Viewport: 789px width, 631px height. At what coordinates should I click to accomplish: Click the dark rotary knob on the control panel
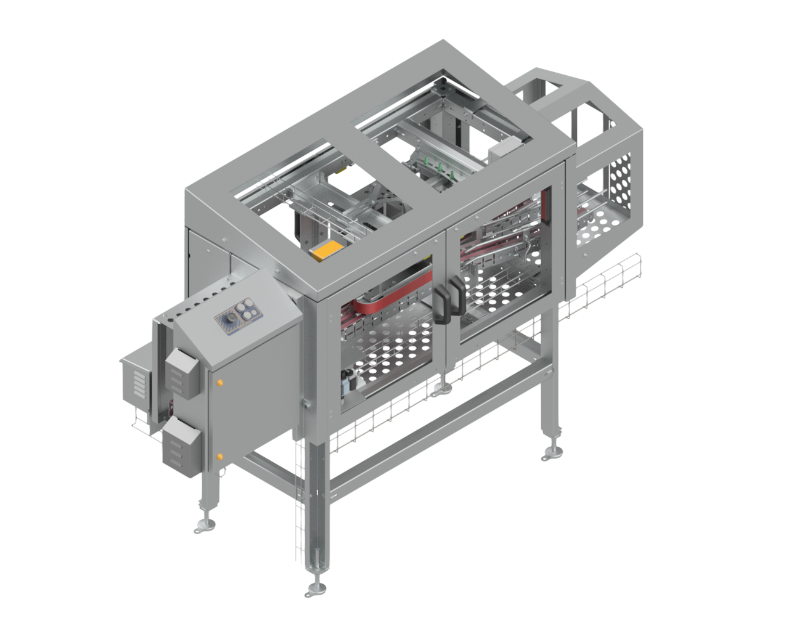click(x=230, y=319)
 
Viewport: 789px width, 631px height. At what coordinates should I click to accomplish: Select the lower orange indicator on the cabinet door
click(x=219, y=457)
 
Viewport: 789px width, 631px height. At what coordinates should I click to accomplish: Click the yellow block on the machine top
click(x=327, y=250)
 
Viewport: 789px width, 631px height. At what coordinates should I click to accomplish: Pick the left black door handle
click(x=442, y=304)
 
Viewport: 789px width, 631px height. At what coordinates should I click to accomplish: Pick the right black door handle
click(x=458, y=295)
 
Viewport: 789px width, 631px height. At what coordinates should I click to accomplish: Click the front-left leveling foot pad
click(x=205, y=526)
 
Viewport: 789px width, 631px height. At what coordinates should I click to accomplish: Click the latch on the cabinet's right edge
click(x=305, y=404)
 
